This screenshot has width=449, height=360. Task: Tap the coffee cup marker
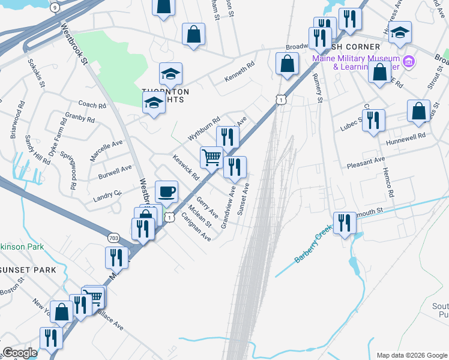(166, 192)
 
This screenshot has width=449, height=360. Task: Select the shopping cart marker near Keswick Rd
(211, 157)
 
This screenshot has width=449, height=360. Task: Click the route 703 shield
(113, 238)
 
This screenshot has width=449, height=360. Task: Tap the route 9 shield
(55, 7)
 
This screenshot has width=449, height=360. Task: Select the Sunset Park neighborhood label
(28, 270)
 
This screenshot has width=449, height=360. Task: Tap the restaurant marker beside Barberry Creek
(344, 223)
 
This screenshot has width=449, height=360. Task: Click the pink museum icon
(408, 61)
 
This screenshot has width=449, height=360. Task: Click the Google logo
(20, 353)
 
